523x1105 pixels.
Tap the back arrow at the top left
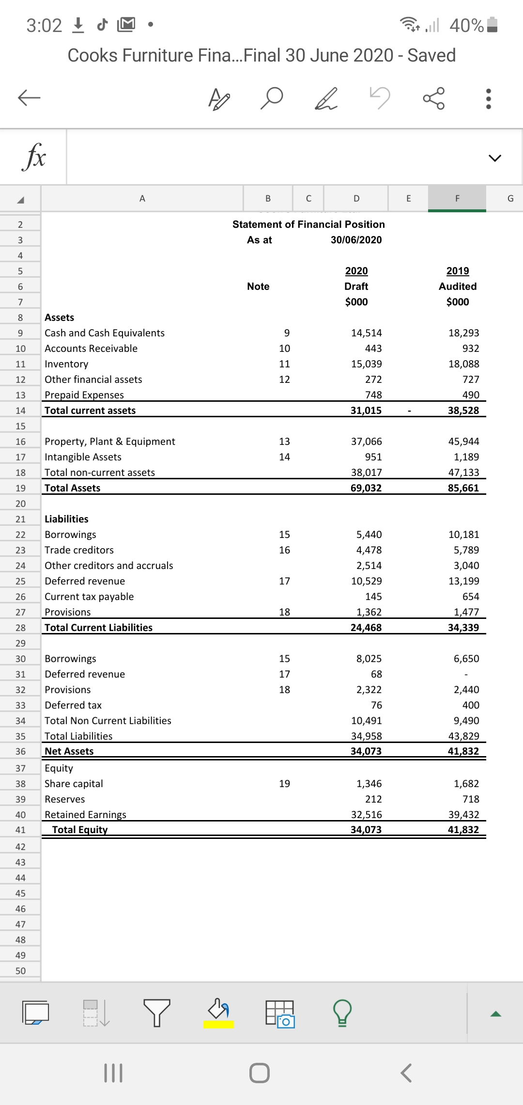[x=29, y=98]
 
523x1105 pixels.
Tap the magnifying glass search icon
[x=272, y=98]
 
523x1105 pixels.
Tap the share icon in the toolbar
[x=433, y=98]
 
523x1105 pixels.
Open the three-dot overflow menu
[x=488, y=98]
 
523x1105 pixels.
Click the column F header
[x=457, y=198]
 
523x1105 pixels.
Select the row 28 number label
[x=20, y=628]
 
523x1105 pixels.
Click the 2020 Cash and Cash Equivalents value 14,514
[x=366, y=333]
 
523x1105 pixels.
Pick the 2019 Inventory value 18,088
[x=463, y=364]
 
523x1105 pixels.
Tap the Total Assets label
[x=73, y=488]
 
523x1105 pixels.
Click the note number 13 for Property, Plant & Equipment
[x=284, y=442]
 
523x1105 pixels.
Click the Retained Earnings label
[x=85, y=815]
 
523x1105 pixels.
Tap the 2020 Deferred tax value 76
[x=376, y=705]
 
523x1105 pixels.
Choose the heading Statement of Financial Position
[x=308, y=224]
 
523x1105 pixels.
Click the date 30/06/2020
[x=356, y=240]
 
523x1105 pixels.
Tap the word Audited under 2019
[x=458, y=286]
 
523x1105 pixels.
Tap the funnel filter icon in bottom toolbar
[x=156, y=1012]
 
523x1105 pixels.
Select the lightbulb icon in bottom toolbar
[x=342, y=1012]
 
